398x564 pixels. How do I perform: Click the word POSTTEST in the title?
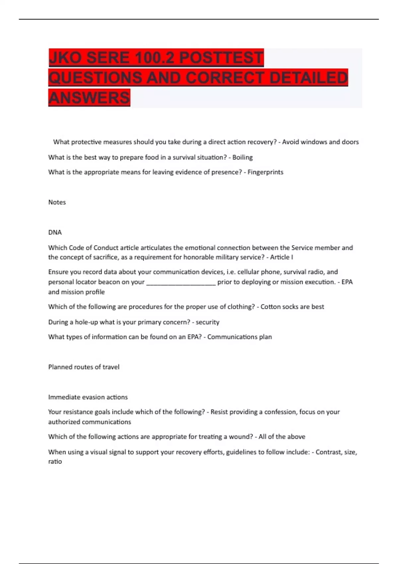(x=221, y=58)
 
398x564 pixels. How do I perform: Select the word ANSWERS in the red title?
(x=89, y=98)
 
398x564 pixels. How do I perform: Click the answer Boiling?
(x=242, y=157)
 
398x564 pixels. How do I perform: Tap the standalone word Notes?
(x=57, y=202)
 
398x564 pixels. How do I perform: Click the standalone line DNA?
(x=55, y=232)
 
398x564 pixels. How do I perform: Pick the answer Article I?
(x=282, y=257)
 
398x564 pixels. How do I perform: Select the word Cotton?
(x=271, y=307)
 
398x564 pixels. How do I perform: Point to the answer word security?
(x=207, y=322)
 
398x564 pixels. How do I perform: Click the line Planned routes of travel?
(x=84, y=367)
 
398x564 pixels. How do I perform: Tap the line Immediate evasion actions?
(x=88, y=397)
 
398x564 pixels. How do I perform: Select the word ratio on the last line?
(x=55, y=461)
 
